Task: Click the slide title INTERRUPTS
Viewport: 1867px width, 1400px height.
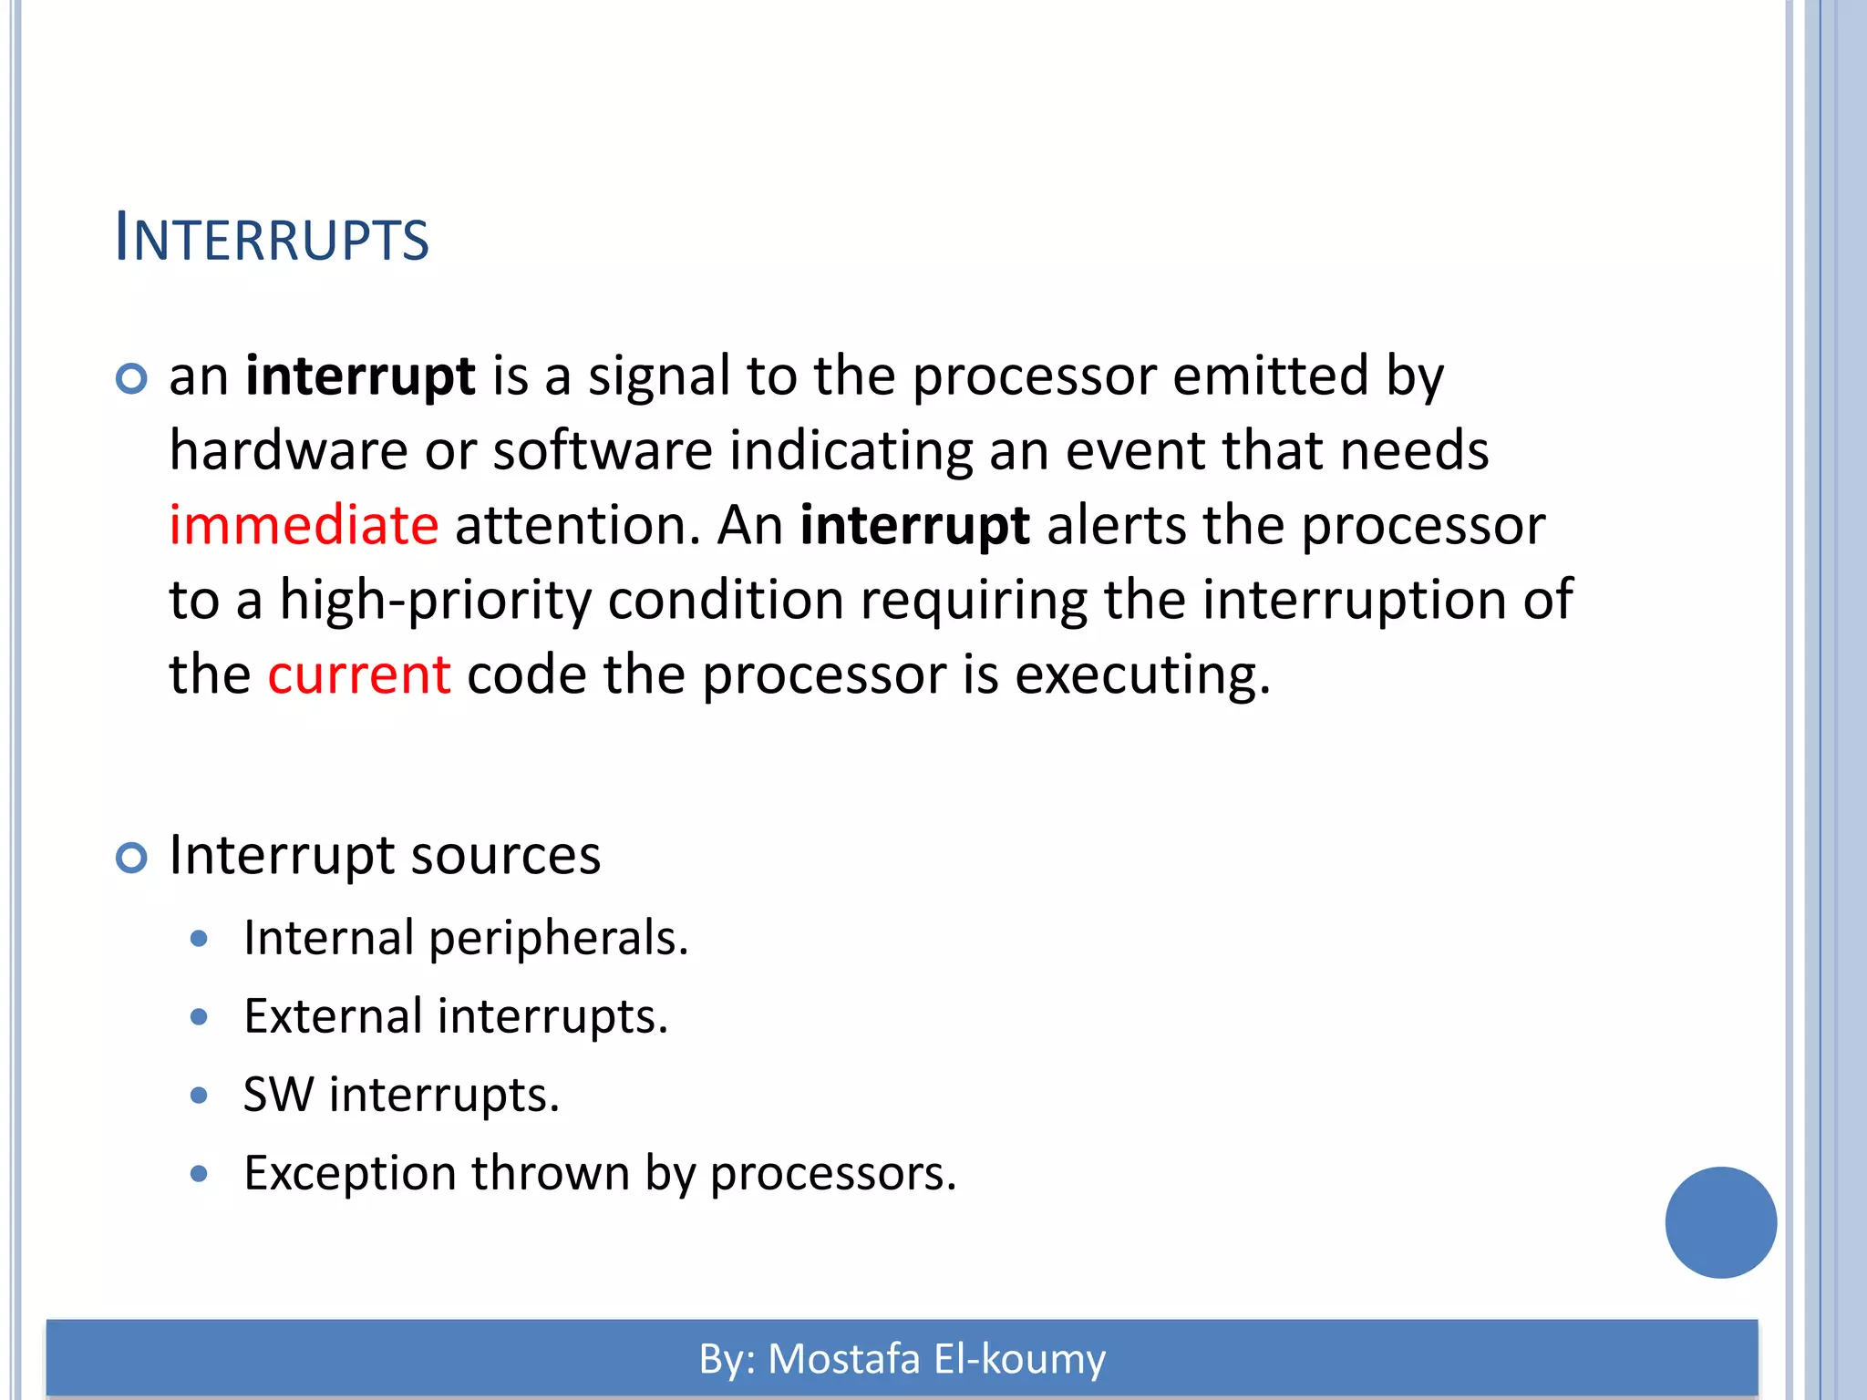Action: click(x=272, y=239)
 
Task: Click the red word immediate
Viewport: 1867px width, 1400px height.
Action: click(x=304, y=526)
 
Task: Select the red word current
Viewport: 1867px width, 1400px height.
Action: click(x=358, y=675)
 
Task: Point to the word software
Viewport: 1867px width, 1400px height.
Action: click(x=603, y=451)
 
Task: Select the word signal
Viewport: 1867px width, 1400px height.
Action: click(x=659, y=377)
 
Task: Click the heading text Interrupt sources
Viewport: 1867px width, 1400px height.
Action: click(x=385, y=856)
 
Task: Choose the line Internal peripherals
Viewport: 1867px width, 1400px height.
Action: click(x=466, y=938)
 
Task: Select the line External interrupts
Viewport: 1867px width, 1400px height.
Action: click(x=456, y=1016)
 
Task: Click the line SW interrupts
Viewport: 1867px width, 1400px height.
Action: click(x=401, y=1095)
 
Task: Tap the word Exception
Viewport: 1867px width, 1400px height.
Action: click(x=350, y=1174)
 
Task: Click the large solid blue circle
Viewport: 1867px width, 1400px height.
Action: click(x=1720, y=1222)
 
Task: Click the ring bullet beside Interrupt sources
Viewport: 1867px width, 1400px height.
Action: click(x=132, y=858)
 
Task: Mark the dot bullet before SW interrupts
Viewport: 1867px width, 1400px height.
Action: click(x=200, y=1096)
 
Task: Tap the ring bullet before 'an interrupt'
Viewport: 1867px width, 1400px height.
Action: click(x=132, y=378)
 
